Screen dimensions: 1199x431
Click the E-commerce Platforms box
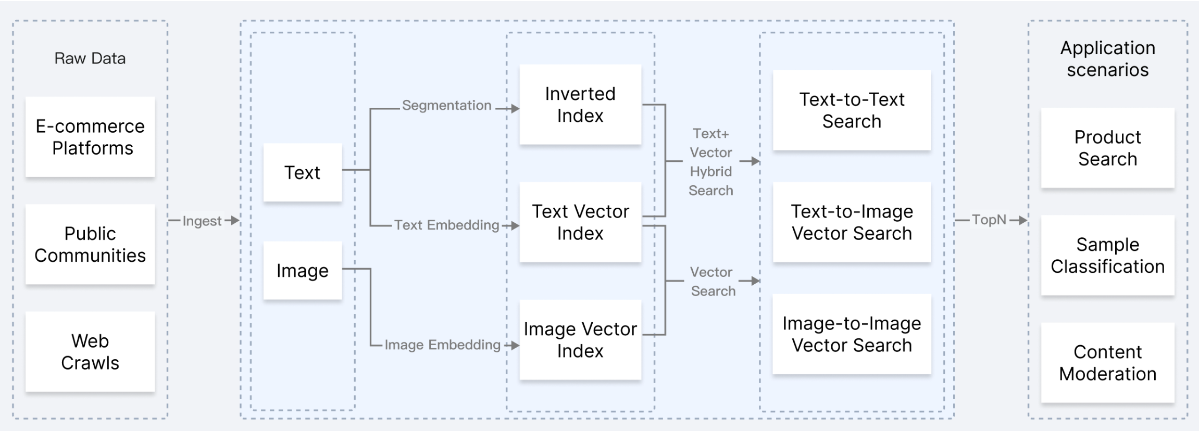(90, 137)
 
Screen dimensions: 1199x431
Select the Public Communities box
(90, 244)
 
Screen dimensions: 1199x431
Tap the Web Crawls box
(90, 351)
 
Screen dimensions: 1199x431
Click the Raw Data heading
(90, 58)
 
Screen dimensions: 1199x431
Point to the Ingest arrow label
(202, 221)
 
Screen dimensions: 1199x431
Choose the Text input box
(303, 172)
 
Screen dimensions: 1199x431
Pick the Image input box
(303, 270)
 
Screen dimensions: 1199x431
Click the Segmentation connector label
(447, 106)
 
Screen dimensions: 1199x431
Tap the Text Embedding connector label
(447, 225)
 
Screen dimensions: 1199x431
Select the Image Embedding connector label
(442, 345)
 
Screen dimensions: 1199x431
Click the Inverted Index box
(580, 105)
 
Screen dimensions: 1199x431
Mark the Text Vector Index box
(580, 222)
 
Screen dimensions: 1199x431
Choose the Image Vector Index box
(580, 340)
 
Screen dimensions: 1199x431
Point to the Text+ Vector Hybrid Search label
(711, 162)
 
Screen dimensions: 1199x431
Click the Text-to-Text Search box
(852, 110)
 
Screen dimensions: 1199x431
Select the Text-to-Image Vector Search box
(852, 222)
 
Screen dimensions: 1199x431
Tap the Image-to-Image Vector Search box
(852, 334)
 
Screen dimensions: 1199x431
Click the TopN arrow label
(989, 220)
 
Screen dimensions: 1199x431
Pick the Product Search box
(1108, 148)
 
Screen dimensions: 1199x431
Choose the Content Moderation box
(1108, 363)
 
